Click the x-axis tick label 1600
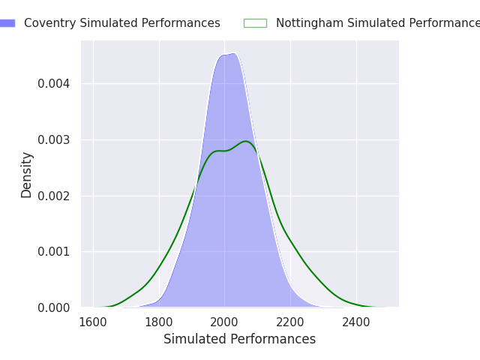pyautogui.click(x=93, y=322)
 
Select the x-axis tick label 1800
pyautogui.click(x=159, y=322)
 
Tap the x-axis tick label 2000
pyautogui.click(x=225, y=322)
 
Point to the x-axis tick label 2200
pyautogui.click(x=290, y=322)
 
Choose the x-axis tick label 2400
pyautogui.click(x=356, y=322)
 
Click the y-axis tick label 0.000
pyautogui.click(x=54, y=307)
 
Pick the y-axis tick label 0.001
pyautogui.click(x=54, y=252)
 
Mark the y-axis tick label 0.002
pyautogui.click(x=54, y=196)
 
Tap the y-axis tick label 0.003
pyautogui.click(x=54, y=139)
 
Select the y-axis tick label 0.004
pyautogui.click(x=54, y=83)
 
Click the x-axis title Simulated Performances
pyautogui.click(x=239, y=339)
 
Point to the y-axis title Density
pyautogui.click(x=27, y=175)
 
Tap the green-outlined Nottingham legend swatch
pyautogui.click(x=255, y=23)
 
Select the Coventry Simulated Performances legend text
pyautogui.click(x=122, y=23)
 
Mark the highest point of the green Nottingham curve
pyautogui.click(x=245, y=141)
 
